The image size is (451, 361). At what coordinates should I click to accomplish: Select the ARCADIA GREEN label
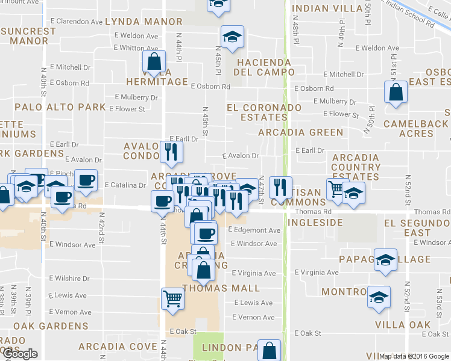tap(300, 132)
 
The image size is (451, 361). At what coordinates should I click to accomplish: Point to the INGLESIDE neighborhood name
tap(311, 223)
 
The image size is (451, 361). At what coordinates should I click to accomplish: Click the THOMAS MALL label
tap(221, 288)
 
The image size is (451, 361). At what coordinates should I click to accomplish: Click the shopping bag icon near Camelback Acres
tap(396, 93)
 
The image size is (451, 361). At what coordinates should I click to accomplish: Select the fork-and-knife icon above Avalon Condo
tap(171, 152)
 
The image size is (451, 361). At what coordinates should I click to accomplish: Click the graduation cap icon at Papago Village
tap(385, 260)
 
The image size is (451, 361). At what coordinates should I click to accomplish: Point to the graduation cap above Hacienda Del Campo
tap(232, 37)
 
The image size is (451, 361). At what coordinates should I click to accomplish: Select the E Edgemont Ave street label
tap(255, 230)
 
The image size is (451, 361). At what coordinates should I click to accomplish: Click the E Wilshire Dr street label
tap(69, 279)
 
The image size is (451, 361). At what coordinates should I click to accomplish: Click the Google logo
tap(19, 354)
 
